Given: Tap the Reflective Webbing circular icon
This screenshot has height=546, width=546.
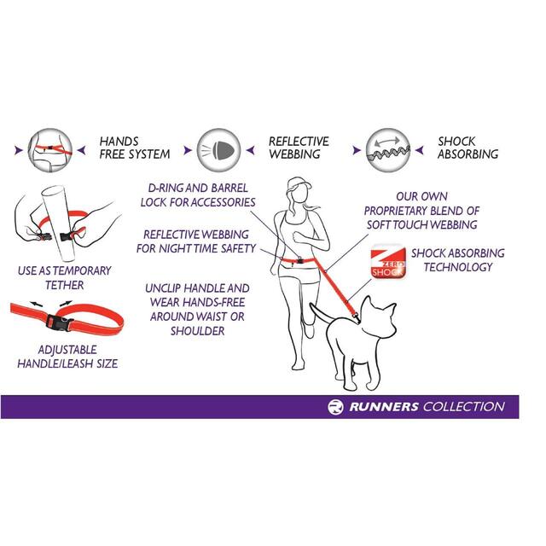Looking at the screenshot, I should click(218, 147).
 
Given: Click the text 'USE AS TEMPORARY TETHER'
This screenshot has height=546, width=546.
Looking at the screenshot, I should click(64, 277).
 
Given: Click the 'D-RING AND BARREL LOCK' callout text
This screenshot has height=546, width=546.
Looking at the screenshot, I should click(198, 195).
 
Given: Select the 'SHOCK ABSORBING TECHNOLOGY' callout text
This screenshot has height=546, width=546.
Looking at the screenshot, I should click(457, 260).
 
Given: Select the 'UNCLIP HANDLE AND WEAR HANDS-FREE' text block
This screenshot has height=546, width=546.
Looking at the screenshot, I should click(197, 309).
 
